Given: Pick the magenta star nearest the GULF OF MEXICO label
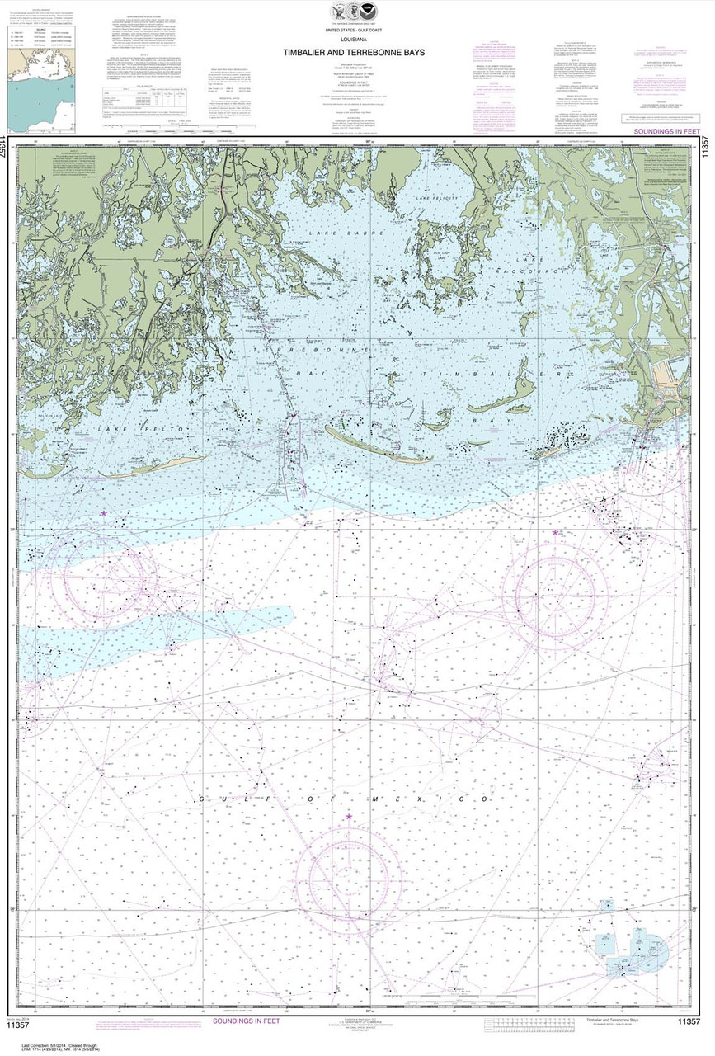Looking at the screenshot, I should pyautogui.click(x=349, y=817).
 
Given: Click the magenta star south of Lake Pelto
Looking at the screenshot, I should pyautogui.click(x=103, y=513).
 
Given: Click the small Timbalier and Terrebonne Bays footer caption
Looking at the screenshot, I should pyautogui.click(x=606, y=1021).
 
